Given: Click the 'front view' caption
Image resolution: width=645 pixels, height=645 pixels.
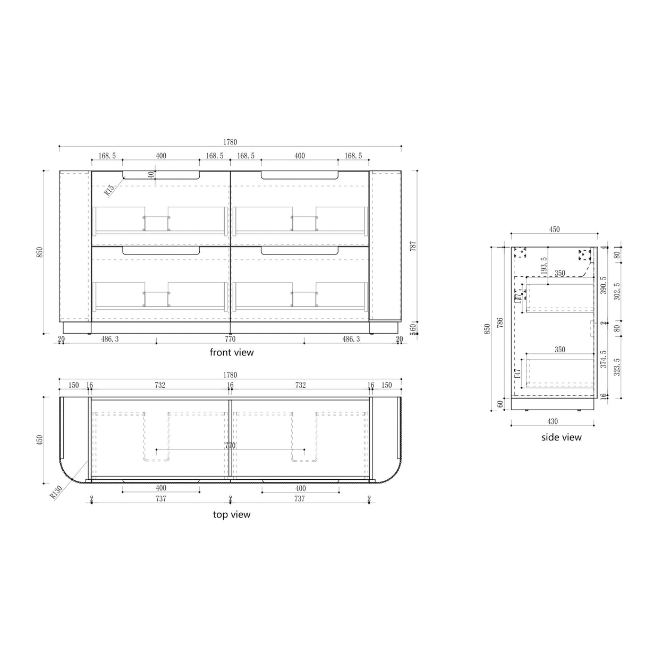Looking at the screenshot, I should (232, 352).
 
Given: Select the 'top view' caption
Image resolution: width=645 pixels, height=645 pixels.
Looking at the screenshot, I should (232, 514).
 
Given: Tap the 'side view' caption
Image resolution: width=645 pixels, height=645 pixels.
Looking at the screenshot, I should (561, 437).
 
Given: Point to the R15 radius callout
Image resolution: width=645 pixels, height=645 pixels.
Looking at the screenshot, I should (109, 190).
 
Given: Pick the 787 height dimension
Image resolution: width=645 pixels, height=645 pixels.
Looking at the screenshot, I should (413, 246).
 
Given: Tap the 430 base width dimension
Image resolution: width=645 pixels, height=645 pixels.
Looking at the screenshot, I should (553, 421).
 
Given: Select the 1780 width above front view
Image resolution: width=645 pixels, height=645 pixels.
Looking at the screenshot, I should (230, 142).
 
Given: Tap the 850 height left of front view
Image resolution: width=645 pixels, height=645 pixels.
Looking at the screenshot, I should (39, 252).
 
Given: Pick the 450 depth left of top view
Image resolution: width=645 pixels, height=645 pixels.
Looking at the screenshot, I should (39, 441).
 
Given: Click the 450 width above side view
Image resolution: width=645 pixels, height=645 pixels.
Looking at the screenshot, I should (554, 230).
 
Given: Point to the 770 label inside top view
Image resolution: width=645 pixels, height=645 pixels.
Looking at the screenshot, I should (230, 446).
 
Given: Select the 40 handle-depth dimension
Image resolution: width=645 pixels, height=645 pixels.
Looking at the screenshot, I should (151, 174).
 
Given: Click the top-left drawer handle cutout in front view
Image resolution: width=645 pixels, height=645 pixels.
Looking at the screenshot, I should (161, 175).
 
